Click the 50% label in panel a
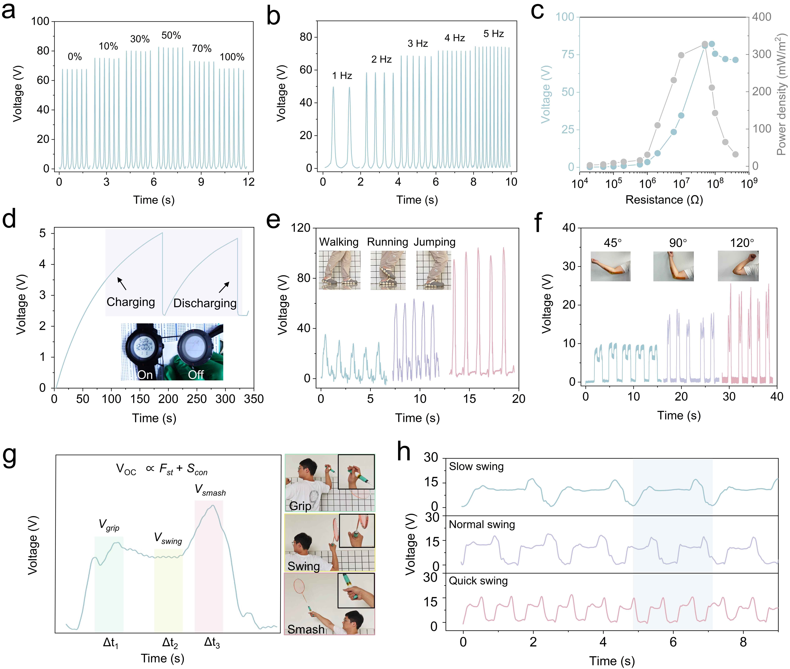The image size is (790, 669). [171, 36]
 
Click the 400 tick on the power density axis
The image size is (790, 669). [762, 17]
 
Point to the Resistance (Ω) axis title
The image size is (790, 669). [664, 200]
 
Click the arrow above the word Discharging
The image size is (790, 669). [224, 287]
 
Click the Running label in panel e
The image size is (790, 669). [387, 242]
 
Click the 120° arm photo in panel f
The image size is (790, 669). [738, 266]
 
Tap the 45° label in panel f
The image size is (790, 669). [612, 243]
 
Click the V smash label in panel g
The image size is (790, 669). [210, 490]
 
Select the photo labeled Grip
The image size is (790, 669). [329, 483]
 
